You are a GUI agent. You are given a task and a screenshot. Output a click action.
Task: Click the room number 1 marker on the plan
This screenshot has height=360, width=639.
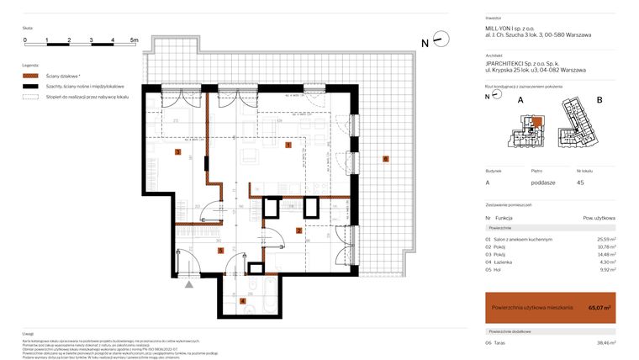coord(288,146)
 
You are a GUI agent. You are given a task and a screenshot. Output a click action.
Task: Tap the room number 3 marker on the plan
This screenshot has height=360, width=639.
coord(177,152)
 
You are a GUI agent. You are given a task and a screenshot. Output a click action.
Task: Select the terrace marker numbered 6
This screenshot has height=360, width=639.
coord(385,159)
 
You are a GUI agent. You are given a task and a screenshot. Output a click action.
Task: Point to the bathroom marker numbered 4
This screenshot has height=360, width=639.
coord(243,300)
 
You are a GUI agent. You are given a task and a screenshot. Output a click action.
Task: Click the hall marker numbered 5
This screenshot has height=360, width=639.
coord(220,250)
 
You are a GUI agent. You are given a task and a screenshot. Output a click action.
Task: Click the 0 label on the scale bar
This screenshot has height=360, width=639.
coord(25,40)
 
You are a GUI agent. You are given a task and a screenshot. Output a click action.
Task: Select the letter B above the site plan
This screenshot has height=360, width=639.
coord(599,99)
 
